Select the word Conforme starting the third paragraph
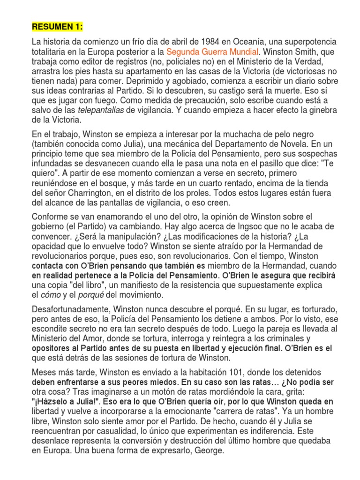coord(50,216)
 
